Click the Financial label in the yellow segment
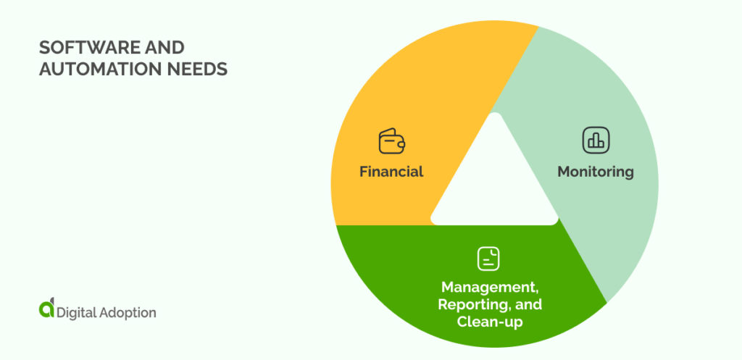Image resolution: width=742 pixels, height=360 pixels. tap(391, 172)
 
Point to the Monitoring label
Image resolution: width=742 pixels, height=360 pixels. tap(596, 172)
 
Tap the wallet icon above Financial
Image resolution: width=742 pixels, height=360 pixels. tap(391, 141)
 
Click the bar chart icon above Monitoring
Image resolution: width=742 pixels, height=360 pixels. tap(596, 141)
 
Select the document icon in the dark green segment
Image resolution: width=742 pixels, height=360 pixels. tap(488, 259)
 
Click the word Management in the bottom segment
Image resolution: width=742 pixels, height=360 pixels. tap(489, 287)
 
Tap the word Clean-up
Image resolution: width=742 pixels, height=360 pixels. tap(489, 321)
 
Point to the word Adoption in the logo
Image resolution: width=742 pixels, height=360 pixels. tap(128, 313)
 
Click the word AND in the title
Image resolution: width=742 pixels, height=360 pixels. tap(166, 49)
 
